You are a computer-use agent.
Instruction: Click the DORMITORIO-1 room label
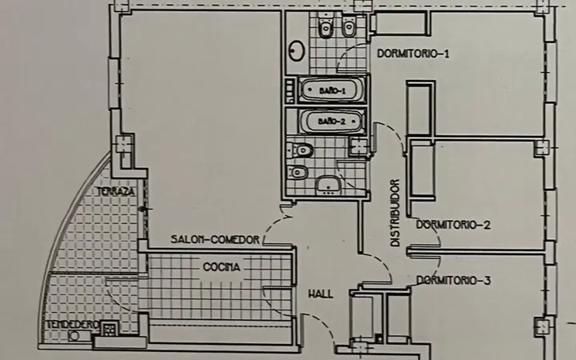pos(413,54)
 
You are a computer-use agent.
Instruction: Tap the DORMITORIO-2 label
pos(454,225)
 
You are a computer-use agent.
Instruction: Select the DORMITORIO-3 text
pos(454,281)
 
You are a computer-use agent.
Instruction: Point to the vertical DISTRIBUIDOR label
pos(394,213)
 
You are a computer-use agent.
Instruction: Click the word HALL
pos(321,294)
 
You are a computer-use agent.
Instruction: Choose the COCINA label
pos(222,267)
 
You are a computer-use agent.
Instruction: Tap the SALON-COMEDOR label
pos(215,239)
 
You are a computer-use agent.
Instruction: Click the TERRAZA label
pos(116,191)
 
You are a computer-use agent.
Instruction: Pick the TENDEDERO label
pos(72,325)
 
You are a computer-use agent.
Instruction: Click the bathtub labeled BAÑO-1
pos(332,90)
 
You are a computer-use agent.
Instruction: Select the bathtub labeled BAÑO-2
pos(332,122)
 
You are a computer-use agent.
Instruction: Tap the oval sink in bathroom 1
pos(297,50)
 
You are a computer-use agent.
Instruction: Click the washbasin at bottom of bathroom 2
pos(329,185)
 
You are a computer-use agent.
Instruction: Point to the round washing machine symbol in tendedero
pos(74,335)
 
